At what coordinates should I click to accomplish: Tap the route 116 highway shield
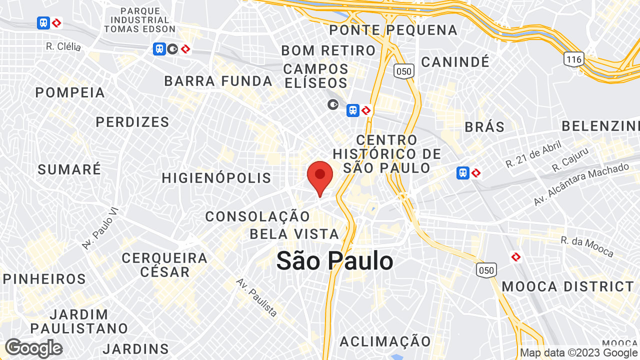[x=574, y=59]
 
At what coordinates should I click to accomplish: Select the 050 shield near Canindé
[x=403, y=71]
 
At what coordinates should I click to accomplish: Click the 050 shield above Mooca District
[x=486, y=270]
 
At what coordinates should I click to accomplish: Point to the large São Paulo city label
[x=334, y=261]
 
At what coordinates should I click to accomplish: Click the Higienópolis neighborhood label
[x=216, y=178]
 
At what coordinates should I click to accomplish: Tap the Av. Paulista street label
[x=257, y=297]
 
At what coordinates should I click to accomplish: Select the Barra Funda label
[x=218, y=81]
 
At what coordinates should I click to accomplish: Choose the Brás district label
[x=484, y=127]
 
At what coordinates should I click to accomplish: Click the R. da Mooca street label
[x=587, y=246]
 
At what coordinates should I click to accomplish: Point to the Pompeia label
[x=70, y=92]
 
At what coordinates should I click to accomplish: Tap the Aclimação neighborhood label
[x=385, y=341]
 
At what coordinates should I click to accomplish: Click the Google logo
[x=33, y=348]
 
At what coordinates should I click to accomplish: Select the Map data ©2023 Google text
[x=579, y=353]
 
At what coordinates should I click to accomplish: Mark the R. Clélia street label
[x=63, y=46]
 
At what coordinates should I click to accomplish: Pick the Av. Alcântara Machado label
[x=581, y=184]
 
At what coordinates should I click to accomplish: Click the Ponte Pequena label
[x=393, y=30]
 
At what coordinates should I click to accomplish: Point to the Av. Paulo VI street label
[x=100, y=229]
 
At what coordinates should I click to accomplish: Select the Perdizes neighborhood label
[x=132, y=122]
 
